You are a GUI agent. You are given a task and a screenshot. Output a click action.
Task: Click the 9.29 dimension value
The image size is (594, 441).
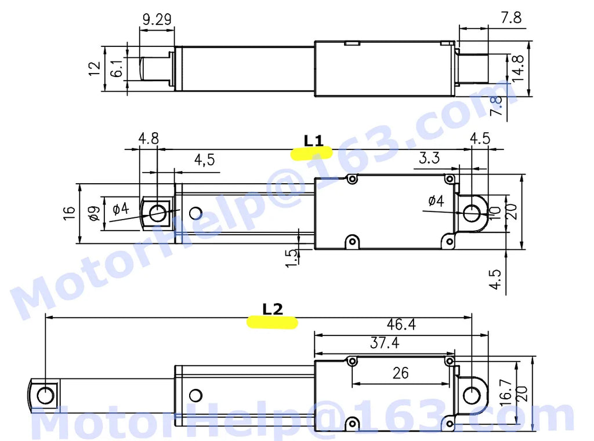coord(157,19)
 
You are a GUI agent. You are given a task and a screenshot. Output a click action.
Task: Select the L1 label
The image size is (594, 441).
coord(314,141)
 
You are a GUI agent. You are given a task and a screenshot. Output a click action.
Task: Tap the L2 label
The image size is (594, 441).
coord(273,309)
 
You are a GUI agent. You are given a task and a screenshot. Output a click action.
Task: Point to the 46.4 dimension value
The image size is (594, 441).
coord(401,325)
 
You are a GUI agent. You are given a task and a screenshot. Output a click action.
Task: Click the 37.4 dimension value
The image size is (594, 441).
coord(385,343)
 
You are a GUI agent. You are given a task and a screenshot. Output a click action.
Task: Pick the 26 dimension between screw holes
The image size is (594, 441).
coord(401,373)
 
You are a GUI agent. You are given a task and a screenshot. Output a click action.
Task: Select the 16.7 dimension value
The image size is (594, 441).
coord(506,393)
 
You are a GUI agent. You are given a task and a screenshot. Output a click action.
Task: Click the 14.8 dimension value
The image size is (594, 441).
coord(517,68)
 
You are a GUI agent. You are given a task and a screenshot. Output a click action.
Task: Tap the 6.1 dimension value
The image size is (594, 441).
coord(117,68)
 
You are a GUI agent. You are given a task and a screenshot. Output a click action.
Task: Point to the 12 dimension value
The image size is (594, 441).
coord(95,68)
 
